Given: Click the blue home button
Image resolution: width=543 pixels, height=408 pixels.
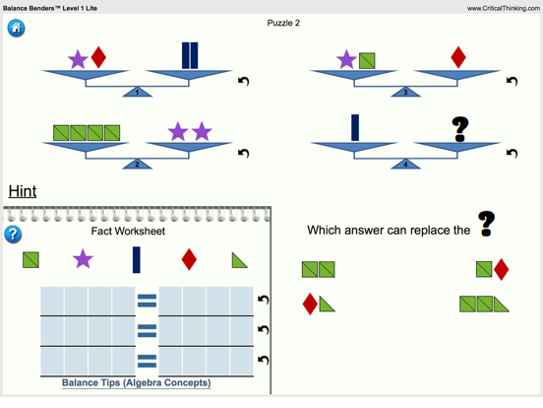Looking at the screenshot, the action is tap(16, 29).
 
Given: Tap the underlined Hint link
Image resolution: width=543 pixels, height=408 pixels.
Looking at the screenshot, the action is tap(23, 191).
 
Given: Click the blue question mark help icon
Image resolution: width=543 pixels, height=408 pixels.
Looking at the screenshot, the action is tap(13, 235).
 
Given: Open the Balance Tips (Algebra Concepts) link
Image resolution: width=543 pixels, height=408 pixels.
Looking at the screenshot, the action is tap(136, 382).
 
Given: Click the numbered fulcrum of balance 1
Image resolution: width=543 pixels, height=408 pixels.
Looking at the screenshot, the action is tap(137, 92).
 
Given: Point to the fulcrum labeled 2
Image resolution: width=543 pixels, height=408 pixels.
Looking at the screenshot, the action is tap(137, 165).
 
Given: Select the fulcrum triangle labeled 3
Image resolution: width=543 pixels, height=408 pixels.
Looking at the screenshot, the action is tap(405, 92).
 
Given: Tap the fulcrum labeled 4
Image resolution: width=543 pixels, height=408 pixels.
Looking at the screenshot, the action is tap(405, 165).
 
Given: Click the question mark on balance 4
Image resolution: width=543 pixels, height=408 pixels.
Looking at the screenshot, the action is tap(460, 129).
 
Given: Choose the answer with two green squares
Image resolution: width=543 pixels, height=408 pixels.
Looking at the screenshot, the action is tap(319, 270).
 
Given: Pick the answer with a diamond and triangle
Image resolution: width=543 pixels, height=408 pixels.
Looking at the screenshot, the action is tap(319, 304).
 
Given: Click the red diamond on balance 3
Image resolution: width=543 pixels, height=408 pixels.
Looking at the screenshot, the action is tap(458, 57).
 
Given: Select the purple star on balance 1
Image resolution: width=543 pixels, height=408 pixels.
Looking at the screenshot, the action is tap(78, 59).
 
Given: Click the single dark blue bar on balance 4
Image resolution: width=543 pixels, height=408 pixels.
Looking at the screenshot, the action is tap(355, 127).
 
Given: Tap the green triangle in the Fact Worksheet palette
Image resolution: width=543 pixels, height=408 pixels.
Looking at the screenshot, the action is tap(240, 260).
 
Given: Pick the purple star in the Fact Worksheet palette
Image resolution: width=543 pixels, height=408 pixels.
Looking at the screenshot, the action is tap(83, 259).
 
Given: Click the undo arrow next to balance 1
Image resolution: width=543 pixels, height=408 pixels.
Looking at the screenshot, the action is tap(244, 81).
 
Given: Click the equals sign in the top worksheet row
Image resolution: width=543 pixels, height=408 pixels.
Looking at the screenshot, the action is tap(147, 301).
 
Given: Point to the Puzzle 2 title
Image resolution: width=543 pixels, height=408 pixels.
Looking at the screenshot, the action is tap(283, 23).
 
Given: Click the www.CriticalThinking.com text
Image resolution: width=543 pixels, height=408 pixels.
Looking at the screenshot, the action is tap(504, 8).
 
